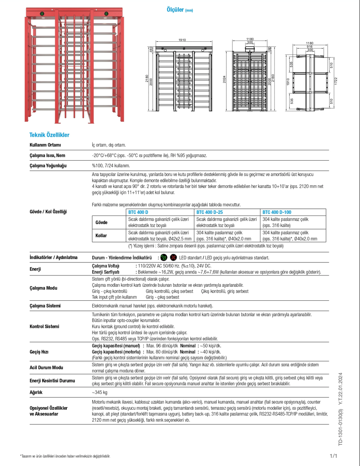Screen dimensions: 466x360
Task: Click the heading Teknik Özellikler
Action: click(49, 135)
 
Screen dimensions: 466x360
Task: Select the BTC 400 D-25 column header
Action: click(209, 212)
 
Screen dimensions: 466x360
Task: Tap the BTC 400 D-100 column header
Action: click(276, 212)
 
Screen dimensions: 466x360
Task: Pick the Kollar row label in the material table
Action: click(101, 236)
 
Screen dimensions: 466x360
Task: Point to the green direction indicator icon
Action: click(164, 258)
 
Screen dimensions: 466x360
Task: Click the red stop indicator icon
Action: click(173, 258)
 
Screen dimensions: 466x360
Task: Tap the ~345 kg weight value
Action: click(100, 392)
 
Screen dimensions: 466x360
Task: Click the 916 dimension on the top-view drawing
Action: click(309, 46)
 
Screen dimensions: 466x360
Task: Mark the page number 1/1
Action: click(333, 457)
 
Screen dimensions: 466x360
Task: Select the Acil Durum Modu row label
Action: click(46, 367)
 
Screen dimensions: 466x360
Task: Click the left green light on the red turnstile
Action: click(42, 14)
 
